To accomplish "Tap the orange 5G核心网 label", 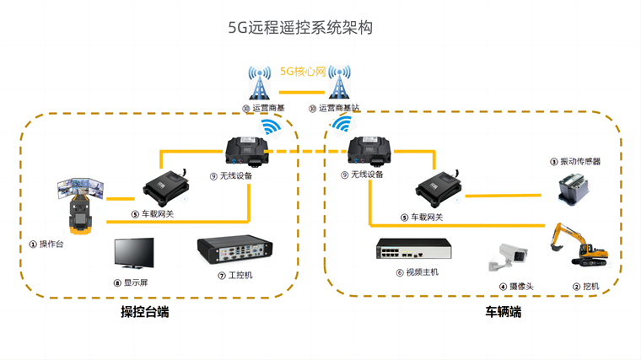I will (302, 72).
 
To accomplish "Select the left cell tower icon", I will (259, 83).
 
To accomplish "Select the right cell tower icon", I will (340, 83).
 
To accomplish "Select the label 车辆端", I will (503, 313).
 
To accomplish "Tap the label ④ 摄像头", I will (516, 287).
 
